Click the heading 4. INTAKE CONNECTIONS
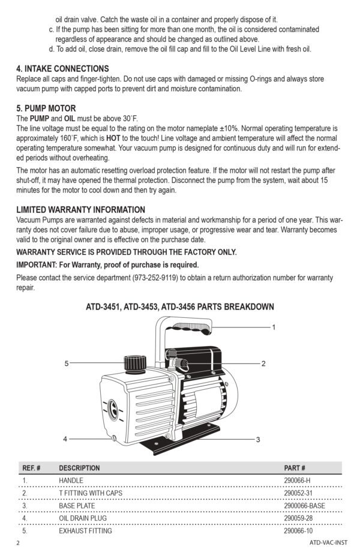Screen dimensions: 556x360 pyautogui.click(x=62, y=68)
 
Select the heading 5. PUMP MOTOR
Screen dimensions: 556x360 pyautogui.click(x=46, y=109)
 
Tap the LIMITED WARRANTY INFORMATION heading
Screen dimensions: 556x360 pyautogui.click(x=80, y=209)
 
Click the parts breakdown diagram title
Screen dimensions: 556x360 pyautogui.click(x=180, y=306)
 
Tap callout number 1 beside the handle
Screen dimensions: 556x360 pyautogui.click(x=274, y=327)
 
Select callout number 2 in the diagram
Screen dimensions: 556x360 pyautogui.click(x=263, y=363)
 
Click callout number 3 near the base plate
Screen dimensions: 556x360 pyautogui.click(x=257, y=440)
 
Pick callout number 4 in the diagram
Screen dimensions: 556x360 pyautogui.click(x=65, y=439)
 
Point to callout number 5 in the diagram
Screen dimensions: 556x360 pyautogui.click(x=67, y=363)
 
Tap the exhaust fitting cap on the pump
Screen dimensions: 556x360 pyautogui.click(x=133, y=363)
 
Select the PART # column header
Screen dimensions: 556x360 pyautogui.click(x=295, y=468)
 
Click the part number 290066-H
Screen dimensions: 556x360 pyautogui.click(x=297, y=480)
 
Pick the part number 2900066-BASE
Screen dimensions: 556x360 pyautogui.click(x=304, y=506)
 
